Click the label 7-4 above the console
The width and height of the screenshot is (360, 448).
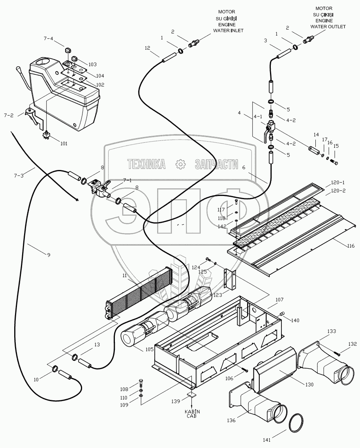coord(48,39)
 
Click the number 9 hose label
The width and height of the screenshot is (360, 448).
coord(49,255)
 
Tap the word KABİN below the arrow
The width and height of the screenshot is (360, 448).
coord(192,411)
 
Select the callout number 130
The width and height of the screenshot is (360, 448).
coord(309,385)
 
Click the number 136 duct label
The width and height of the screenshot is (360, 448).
coord(231,420)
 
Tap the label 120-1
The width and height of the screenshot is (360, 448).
coord(337,183)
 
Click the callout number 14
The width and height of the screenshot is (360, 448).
coord(315,135)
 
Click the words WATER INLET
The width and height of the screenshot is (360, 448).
coord(228,30)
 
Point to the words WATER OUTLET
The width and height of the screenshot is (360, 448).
coord(328,26)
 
